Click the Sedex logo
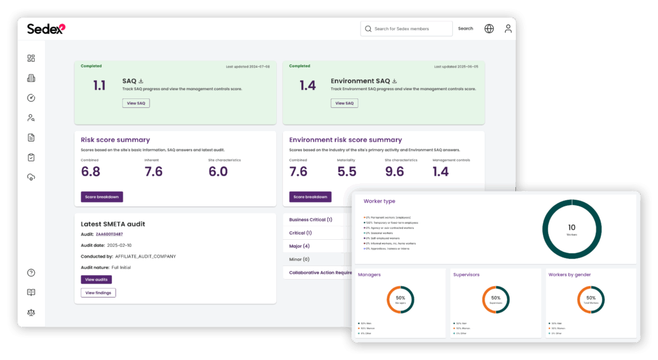[x=46, y=28]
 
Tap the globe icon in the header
[x=489, y=29]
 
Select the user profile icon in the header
[x=508, y=29]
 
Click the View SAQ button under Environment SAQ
[x=344, y=103]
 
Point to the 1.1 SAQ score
[x=100, y=85]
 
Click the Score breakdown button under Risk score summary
[x=102, y=197]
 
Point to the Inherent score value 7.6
[x=154, y=172]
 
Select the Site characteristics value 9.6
[x=395, y=172]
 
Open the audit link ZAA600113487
[x=109, y=234]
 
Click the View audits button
[x=96, y=280]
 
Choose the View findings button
[x=98, y=292]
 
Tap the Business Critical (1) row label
[x=310, y=220]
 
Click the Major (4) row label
[x=299, y=246]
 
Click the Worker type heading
[x=379, y=201]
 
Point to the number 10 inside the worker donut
[x=572, y=227]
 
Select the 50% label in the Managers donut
[x=400, y=298]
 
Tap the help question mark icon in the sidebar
[x=31, y=273]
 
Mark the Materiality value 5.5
[x=347, y=172]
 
